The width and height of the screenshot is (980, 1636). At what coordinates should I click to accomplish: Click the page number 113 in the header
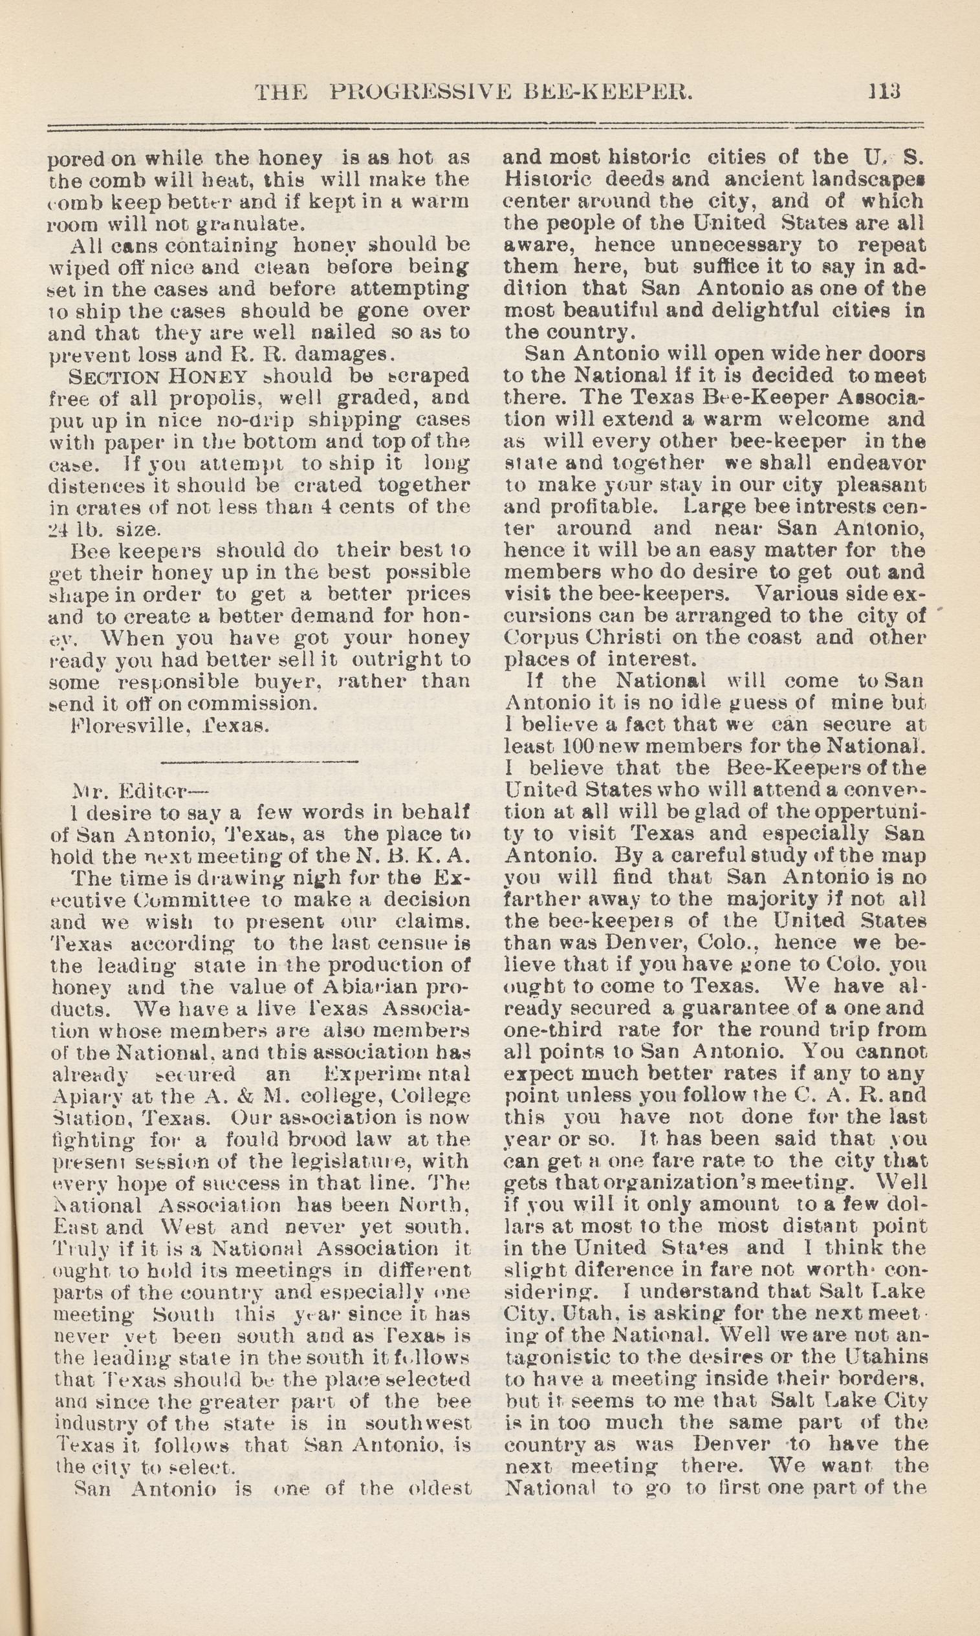(x=885, y=91)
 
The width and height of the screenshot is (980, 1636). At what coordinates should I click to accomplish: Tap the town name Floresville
(x=117, y=726)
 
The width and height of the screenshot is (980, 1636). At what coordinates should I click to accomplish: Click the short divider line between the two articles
(x=259, y=764)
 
